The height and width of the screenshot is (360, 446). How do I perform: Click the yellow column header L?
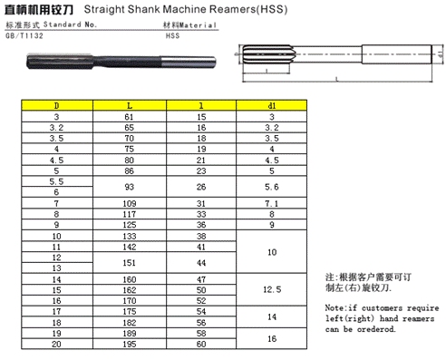tap(130, 105)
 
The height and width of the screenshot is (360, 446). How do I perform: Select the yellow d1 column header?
tap(271, 105)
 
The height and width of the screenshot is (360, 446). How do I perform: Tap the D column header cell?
tap(57, 105)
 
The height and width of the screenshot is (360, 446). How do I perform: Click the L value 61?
tap(129, 117)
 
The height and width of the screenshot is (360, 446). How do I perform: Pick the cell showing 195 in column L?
tap(130, 344)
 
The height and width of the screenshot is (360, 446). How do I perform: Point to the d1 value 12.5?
tap(272, 289)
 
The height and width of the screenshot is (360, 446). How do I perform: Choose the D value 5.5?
tap(56, 181)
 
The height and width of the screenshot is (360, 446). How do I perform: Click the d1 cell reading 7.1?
tap(272, 203)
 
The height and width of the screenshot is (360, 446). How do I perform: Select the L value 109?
tap(130, 203)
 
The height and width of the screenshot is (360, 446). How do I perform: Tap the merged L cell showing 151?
tap(130, 263)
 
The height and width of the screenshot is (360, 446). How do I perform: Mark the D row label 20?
tap(56, 344)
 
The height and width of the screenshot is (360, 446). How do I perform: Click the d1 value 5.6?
tap(272, 187)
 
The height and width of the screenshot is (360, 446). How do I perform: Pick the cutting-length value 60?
tap(201, 344)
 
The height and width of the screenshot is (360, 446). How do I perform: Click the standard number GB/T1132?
tap(24, 35)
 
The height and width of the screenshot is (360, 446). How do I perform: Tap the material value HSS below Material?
tap(172, 35)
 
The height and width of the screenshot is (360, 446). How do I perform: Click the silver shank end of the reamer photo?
tap(188, 62)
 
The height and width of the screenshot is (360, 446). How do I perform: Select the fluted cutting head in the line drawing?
tap(267, 54)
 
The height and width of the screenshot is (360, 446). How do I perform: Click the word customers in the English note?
tap(382, 308)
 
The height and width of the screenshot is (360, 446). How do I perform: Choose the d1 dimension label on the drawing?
tap(441, 54)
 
